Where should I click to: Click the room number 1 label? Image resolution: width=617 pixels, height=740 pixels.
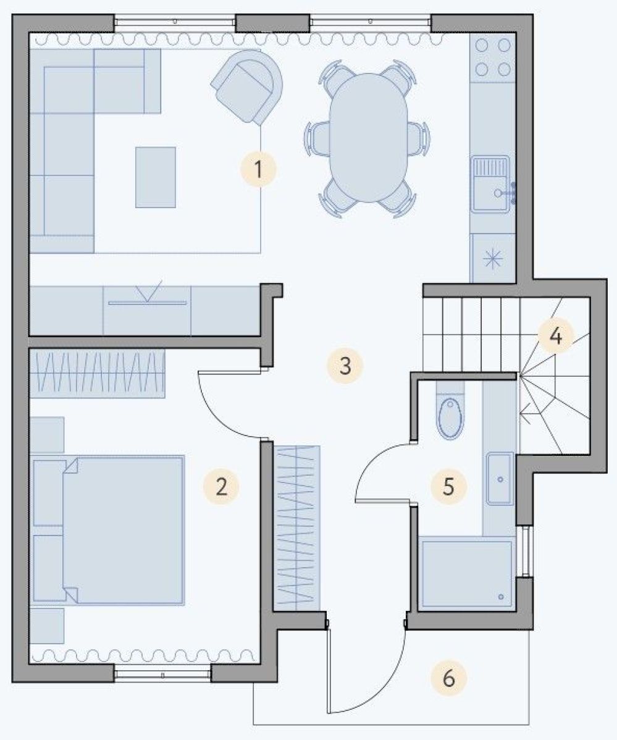click(x=258, y=169)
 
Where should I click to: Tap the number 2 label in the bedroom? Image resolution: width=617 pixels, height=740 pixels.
click(x=220, y=486)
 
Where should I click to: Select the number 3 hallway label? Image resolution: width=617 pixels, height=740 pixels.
click(x=345, y=365)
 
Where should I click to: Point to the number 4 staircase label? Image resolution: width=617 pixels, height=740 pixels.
click(x=556, y=337)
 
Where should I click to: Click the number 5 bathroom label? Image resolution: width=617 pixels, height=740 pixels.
click(x=448, y=486)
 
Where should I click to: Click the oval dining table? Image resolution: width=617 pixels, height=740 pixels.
click(x=368, y=137)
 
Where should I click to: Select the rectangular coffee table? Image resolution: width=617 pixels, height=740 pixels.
click(x=156, y=177)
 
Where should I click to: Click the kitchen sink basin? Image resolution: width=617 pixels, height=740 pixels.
click(x=491, y=184)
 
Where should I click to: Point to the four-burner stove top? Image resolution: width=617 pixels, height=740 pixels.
click(x=493, y=57)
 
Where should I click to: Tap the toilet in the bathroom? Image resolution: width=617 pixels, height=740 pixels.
click(x=450, y=411)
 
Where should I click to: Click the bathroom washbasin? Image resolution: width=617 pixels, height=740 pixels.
click(x=500, y=479)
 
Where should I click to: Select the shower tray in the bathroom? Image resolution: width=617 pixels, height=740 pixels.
click(x=466, y=574)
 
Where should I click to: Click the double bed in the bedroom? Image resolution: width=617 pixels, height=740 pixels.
click(x=109, y=529)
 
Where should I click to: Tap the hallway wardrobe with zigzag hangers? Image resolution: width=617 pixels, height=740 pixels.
click(x=297, y=528)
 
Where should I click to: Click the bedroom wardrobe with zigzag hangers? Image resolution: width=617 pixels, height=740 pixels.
click(x=98, y=373)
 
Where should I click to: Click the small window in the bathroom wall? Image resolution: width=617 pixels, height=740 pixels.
click(x=525, y=551)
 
